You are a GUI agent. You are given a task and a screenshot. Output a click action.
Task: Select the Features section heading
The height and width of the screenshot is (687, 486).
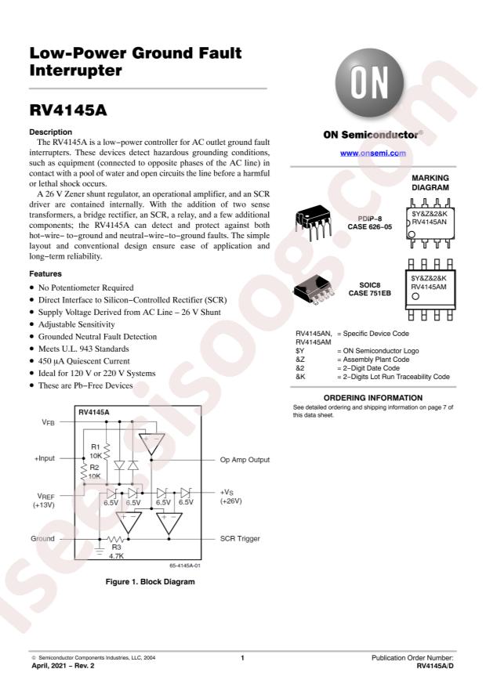tap(46, 274)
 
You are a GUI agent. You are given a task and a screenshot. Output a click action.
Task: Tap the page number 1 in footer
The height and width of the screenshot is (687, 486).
tap(243, 658)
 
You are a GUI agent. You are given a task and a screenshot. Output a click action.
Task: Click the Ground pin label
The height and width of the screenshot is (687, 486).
tap(43, 539)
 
